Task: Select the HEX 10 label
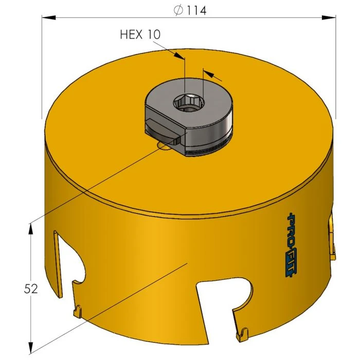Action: click(140, 34)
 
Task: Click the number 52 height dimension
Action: click(30, 289)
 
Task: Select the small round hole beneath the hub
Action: click(165, 147)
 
